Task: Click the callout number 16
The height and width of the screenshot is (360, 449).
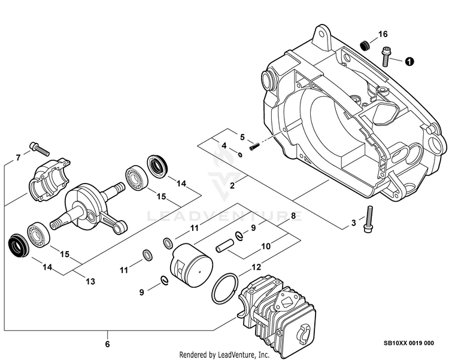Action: point(383,34)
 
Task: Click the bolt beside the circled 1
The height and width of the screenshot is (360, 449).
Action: point(386,57)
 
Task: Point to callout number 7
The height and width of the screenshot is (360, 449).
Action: point(18,157)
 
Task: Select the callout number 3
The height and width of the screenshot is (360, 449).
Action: point(354,223)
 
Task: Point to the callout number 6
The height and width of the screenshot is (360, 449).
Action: point(108,344)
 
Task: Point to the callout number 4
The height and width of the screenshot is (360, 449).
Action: point(223,145)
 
